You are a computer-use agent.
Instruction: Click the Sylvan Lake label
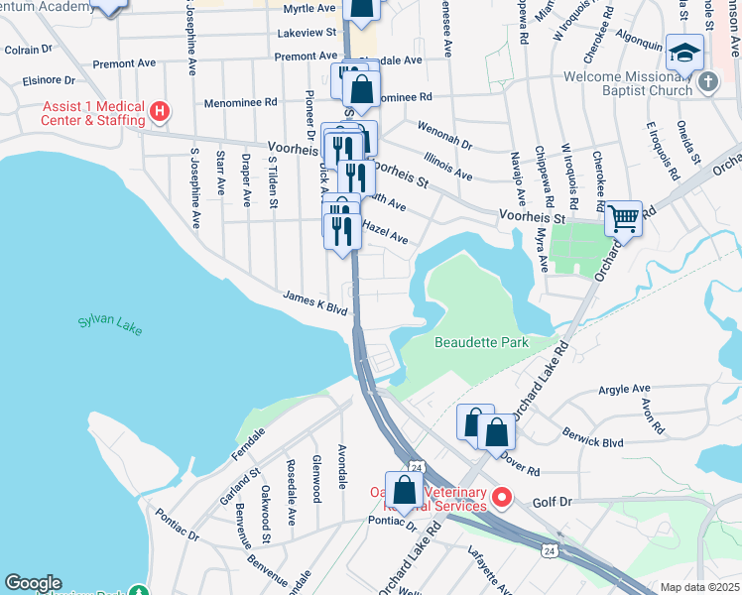[111, 324]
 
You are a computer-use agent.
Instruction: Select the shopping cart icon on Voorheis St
[623, 217]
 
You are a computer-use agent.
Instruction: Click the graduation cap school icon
[684, 51]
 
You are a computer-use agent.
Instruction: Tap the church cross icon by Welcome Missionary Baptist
[707, 82]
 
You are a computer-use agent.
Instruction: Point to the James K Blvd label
[314, 302]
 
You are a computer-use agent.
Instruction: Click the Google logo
[34, 583]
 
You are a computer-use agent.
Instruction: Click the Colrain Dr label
[28, 49]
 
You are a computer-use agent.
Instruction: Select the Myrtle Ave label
[309, 8]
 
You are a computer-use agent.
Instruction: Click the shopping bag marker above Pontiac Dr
[405, 490]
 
